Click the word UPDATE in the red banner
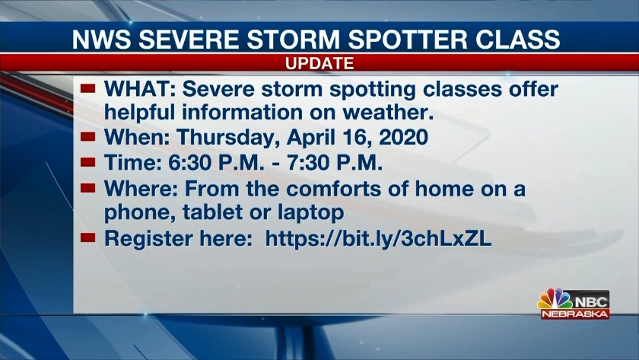point(319,64)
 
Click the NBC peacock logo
point(555,300)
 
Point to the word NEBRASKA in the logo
point(575,314)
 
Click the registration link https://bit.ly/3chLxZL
point(378,238)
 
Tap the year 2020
point(403,137)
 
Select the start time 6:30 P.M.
point(216,163)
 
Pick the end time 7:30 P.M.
point(335,163)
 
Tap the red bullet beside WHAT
point(87,88)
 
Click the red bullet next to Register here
point(87,237)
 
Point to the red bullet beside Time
point(87,162)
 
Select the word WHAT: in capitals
point(140,89)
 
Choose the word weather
point(388,113)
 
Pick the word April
point(310,138)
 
